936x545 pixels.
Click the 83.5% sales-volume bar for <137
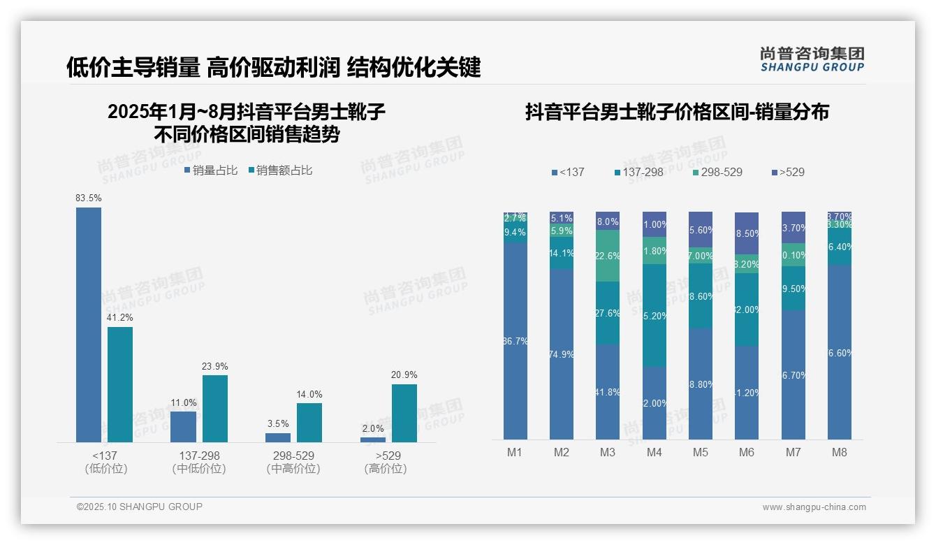pos(89,324)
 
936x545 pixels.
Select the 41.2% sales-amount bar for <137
pos(120,384)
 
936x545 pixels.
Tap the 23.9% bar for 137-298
pos(215,408)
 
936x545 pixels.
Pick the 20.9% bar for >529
pos(404,413)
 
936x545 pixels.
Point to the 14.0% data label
pos(309,395)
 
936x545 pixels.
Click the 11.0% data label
pos(184,403)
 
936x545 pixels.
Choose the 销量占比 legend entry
pos(211,170)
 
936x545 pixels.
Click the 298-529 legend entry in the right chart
pos(717,172)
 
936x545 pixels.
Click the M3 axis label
pos(608,452)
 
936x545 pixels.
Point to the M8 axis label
pos(840,452)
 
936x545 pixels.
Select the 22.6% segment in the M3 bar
pos(608,256)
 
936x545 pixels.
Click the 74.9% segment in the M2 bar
pos(562,354)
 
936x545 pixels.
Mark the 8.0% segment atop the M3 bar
pos(608,221)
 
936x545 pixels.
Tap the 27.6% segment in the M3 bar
pos(608,313)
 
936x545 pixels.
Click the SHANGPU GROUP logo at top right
pos(812,59)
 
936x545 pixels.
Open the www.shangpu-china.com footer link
pos(814,507)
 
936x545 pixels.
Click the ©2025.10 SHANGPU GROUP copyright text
pos(140,507)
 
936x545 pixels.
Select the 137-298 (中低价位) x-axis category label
pos(199,462)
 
